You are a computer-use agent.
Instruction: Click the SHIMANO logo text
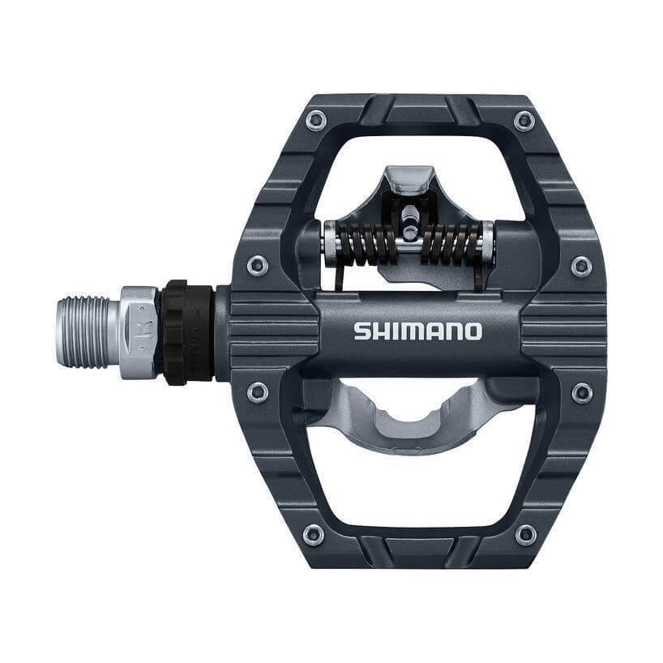pyautogui.click(x=417, y=331)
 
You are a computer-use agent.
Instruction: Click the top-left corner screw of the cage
pyautogui.click(x=315, y=122)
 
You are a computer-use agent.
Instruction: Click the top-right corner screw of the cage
pyautogui.click(x=524, y=122)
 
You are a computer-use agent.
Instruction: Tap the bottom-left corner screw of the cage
pyautogui.click(x=314, y=534)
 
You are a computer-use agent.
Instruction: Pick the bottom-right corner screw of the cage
pyautogui.click(x=525, y=534)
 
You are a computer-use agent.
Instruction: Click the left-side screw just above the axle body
pyautogui.click(x=258, y=265)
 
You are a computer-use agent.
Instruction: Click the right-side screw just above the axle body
pyautogui.click(x=581, y=265)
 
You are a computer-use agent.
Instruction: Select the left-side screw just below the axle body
pyautogui.click(x=258, y=392)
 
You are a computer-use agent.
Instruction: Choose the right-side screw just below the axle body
pyautogui.click(x=581, y=392)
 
